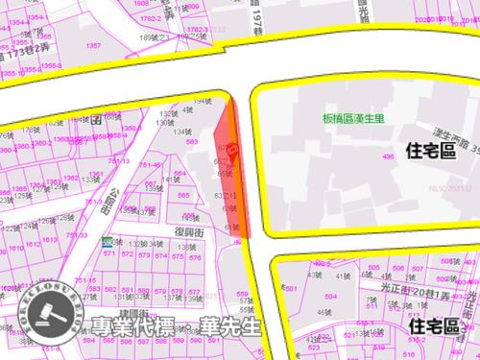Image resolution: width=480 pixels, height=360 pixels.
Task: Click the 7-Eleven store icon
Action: tap(96, 122)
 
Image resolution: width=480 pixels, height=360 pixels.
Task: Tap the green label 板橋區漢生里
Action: tap(356, 121)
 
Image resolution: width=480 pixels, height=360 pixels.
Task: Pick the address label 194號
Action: tap(200, 101)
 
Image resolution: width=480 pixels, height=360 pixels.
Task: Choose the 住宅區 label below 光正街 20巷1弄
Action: tap(437, 327)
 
